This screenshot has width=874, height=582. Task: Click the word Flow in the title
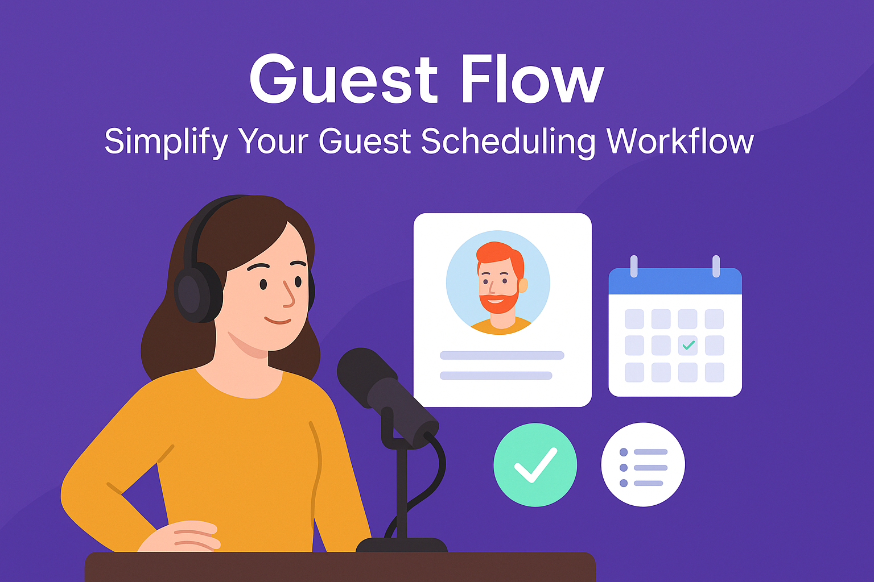(x=533, y=79)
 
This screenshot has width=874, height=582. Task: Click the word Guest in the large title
(x=344, y=79)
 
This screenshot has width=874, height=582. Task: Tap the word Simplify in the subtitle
(x=166, y=143)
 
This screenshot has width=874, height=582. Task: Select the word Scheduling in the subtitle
(x=508, y=142)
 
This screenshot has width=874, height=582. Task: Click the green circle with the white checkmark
(x=535, y=465)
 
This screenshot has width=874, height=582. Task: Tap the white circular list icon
(x=643, y=465)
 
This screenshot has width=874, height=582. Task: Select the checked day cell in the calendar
(x=687, y=346)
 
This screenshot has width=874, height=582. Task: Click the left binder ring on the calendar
(x=634, y=266)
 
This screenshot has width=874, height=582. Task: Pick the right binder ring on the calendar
(x=716, y=266)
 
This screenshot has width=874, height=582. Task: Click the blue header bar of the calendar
(x=675, y=281)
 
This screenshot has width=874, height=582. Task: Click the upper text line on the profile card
(x=502, y=355)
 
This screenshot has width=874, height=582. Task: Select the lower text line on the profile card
(x=496, y=375)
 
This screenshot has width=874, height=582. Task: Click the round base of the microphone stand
(x=402, y=544)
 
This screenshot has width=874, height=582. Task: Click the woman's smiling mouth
(x=278, y=321)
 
